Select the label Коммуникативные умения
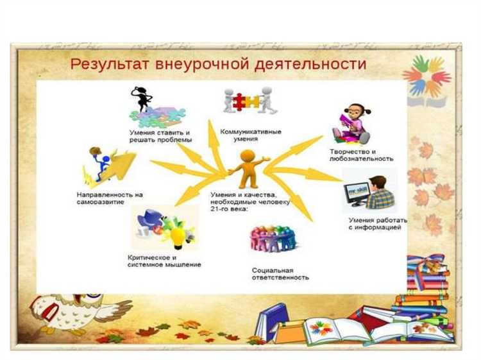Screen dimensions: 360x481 (x=251, y=135)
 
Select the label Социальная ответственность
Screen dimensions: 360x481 (x=280, y=274)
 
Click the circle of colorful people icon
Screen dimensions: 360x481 (x=273, y=239)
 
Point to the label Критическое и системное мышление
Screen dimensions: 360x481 (x=164, y=261)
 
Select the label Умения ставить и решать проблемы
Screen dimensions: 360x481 (x=160, y=136)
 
